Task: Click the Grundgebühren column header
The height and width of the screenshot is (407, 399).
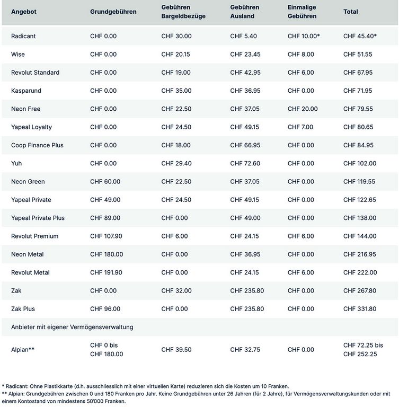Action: click(113, 12)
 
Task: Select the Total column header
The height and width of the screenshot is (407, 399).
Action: click(350, 12)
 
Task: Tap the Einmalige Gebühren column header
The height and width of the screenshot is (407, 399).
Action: click(302, 12)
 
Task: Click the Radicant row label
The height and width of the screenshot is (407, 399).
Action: click(23, 36)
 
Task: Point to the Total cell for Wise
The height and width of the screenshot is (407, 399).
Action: click(358, 54)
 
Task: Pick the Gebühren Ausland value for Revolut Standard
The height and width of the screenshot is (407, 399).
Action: click(245, 73)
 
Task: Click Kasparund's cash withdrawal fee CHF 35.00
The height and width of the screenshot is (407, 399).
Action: click(176, 91)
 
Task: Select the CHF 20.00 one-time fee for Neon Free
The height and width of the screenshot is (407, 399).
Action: click(303, 109)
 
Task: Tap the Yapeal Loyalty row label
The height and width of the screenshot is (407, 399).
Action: click(31, 127)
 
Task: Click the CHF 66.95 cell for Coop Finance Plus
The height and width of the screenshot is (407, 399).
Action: click(245, 145)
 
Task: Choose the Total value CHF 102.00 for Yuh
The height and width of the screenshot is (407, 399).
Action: click(360, 163)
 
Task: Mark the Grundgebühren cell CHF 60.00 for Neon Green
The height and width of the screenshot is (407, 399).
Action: click(105, 181)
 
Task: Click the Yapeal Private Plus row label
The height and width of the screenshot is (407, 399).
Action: click(38, 218)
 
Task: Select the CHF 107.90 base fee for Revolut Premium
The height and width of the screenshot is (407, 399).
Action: click(106, 236)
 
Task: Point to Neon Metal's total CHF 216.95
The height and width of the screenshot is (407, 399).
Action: click(360, 254)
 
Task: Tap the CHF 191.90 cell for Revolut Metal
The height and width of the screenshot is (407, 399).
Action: click(106, 272)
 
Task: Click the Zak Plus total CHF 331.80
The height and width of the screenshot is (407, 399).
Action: click(360, 308)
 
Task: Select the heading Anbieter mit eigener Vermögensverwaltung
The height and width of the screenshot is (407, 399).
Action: click(72, 327)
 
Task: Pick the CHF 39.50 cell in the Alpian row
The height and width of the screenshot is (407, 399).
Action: click(176, 349)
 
